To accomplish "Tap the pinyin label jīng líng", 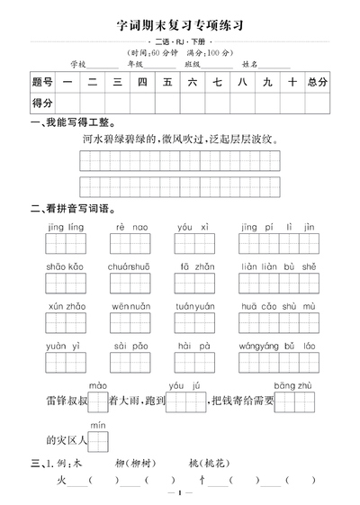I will tap(65, 227).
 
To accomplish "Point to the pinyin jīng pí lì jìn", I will tap(278, 227).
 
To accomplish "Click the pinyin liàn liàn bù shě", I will tap(278, 266).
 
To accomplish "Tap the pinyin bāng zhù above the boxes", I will tap(292, 386).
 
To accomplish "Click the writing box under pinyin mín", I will tap(98, 440).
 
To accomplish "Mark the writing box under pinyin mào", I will tap(98, 401).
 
